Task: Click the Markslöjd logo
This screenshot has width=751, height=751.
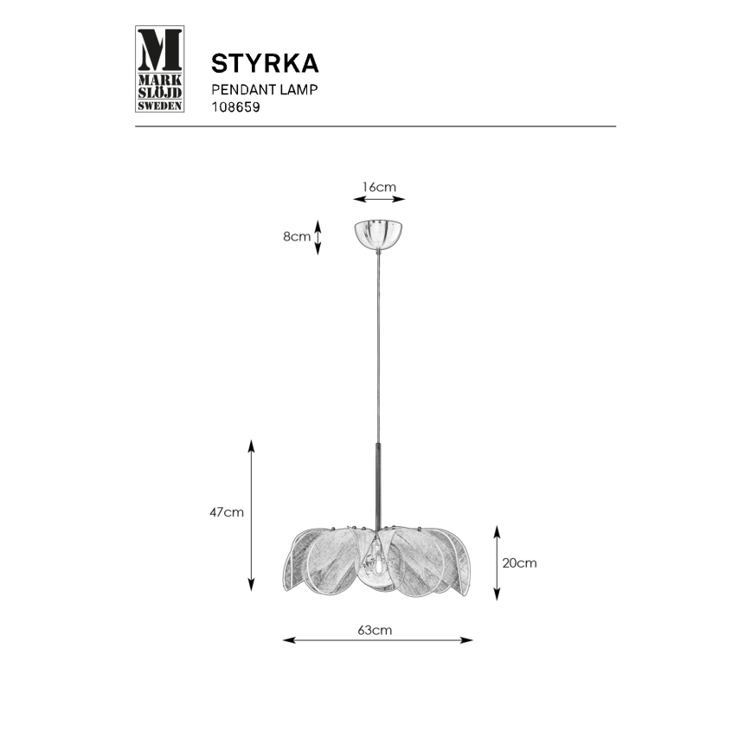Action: (x=161, y=69)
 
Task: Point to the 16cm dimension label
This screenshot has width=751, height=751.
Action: (x=379, y=186)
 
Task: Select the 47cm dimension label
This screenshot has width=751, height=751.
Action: (x=226, y=512)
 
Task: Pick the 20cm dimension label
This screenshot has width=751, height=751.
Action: (x=520, y=562)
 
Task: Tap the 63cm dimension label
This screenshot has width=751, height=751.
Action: (x=375, y=630)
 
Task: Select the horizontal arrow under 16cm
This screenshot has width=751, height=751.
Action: (x=379, y=200)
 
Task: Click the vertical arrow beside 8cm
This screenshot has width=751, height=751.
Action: (x=318, y=237)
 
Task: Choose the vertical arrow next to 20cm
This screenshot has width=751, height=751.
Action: (x=496, y=562)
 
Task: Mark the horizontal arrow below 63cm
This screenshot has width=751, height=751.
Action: (x=378, y=640)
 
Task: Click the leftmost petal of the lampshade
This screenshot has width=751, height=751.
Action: (x=298, y=567)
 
